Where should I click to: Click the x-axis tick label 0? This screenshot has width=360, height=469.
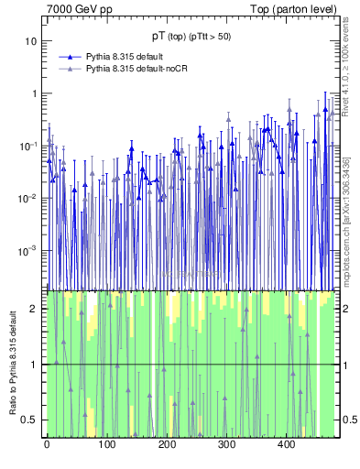[47, 445]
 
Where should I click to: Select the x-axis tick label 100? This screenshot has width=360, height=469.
[106, 445]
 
